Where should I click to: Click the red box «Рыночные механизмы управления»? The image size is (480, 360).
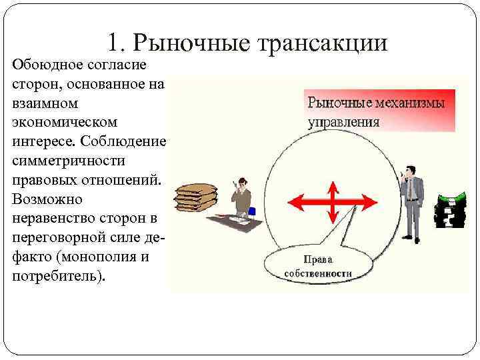pyautogui.click(x=379, y=111)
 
